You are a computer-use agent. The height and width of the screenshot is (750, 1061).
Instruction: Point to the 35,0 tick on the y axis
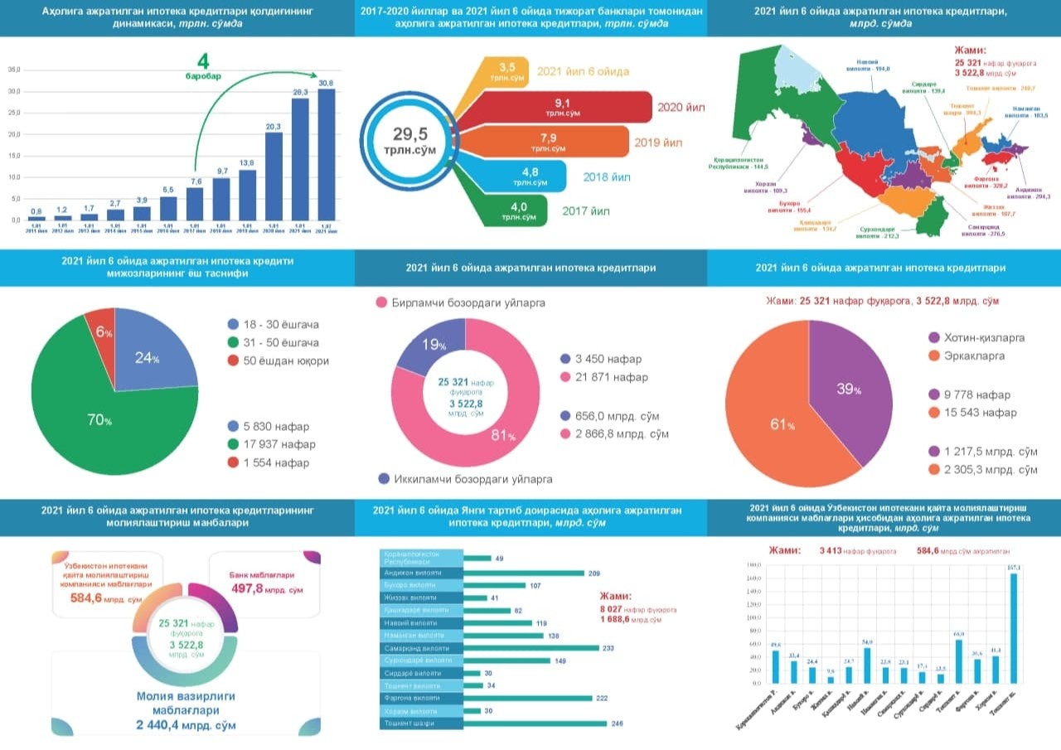(x=13, y=70)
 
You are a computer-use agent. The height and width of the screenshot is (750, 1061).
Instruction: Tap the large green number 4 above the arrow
(x=203, y=61)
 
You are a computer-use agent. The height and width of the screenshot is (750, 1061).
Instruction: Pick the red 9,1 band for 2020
(x=564, y=107)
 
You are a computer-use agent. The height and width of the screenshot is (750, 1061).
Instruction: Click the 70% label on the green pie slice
(x=100, y=420)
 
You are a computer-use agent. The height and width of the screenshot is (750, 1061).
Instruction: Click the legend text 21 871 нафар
(x=601, y=377)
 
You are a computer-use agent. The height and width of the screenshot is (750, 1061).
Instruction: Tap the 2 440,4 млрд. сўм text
(x=187, y=725)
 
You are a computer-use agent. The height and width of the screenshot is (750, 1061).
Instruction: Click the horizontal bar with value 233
(x=530, y=648)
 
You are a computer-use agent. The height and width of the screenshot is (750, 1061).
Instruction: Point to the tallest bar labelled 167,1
(x=1013, y=628)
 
